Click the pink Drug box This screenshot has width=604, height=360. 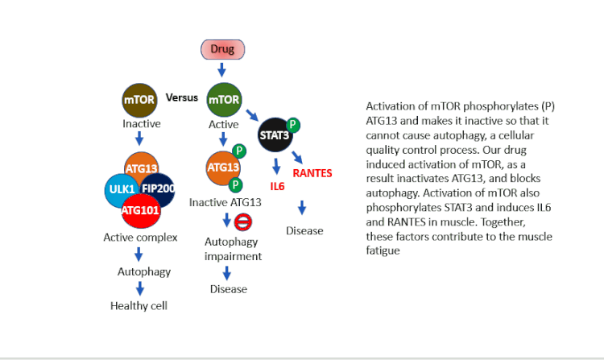tap(222, 49)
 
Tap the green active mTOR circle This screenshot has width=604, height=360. tap(224, 100)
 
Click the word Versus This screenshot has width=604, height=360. tap(182, 97)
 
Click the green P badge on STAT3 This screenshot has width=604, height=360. tap(294, 125)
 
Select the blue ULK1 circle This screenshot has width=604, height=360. tap(121, 189)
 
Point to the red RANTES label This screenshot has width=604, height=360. tap(312, 173)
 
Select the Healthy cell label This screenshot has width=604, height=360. tap(139, 306)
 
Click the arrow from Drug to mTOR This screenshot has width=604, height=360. tap(222, 71)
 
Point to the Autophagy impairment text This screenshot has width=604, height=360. tap(233, 249)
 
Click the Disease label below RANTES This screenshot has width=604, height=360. tap(304, 231)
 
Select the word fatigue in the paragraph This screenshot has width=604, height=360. tap(383, 251)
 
